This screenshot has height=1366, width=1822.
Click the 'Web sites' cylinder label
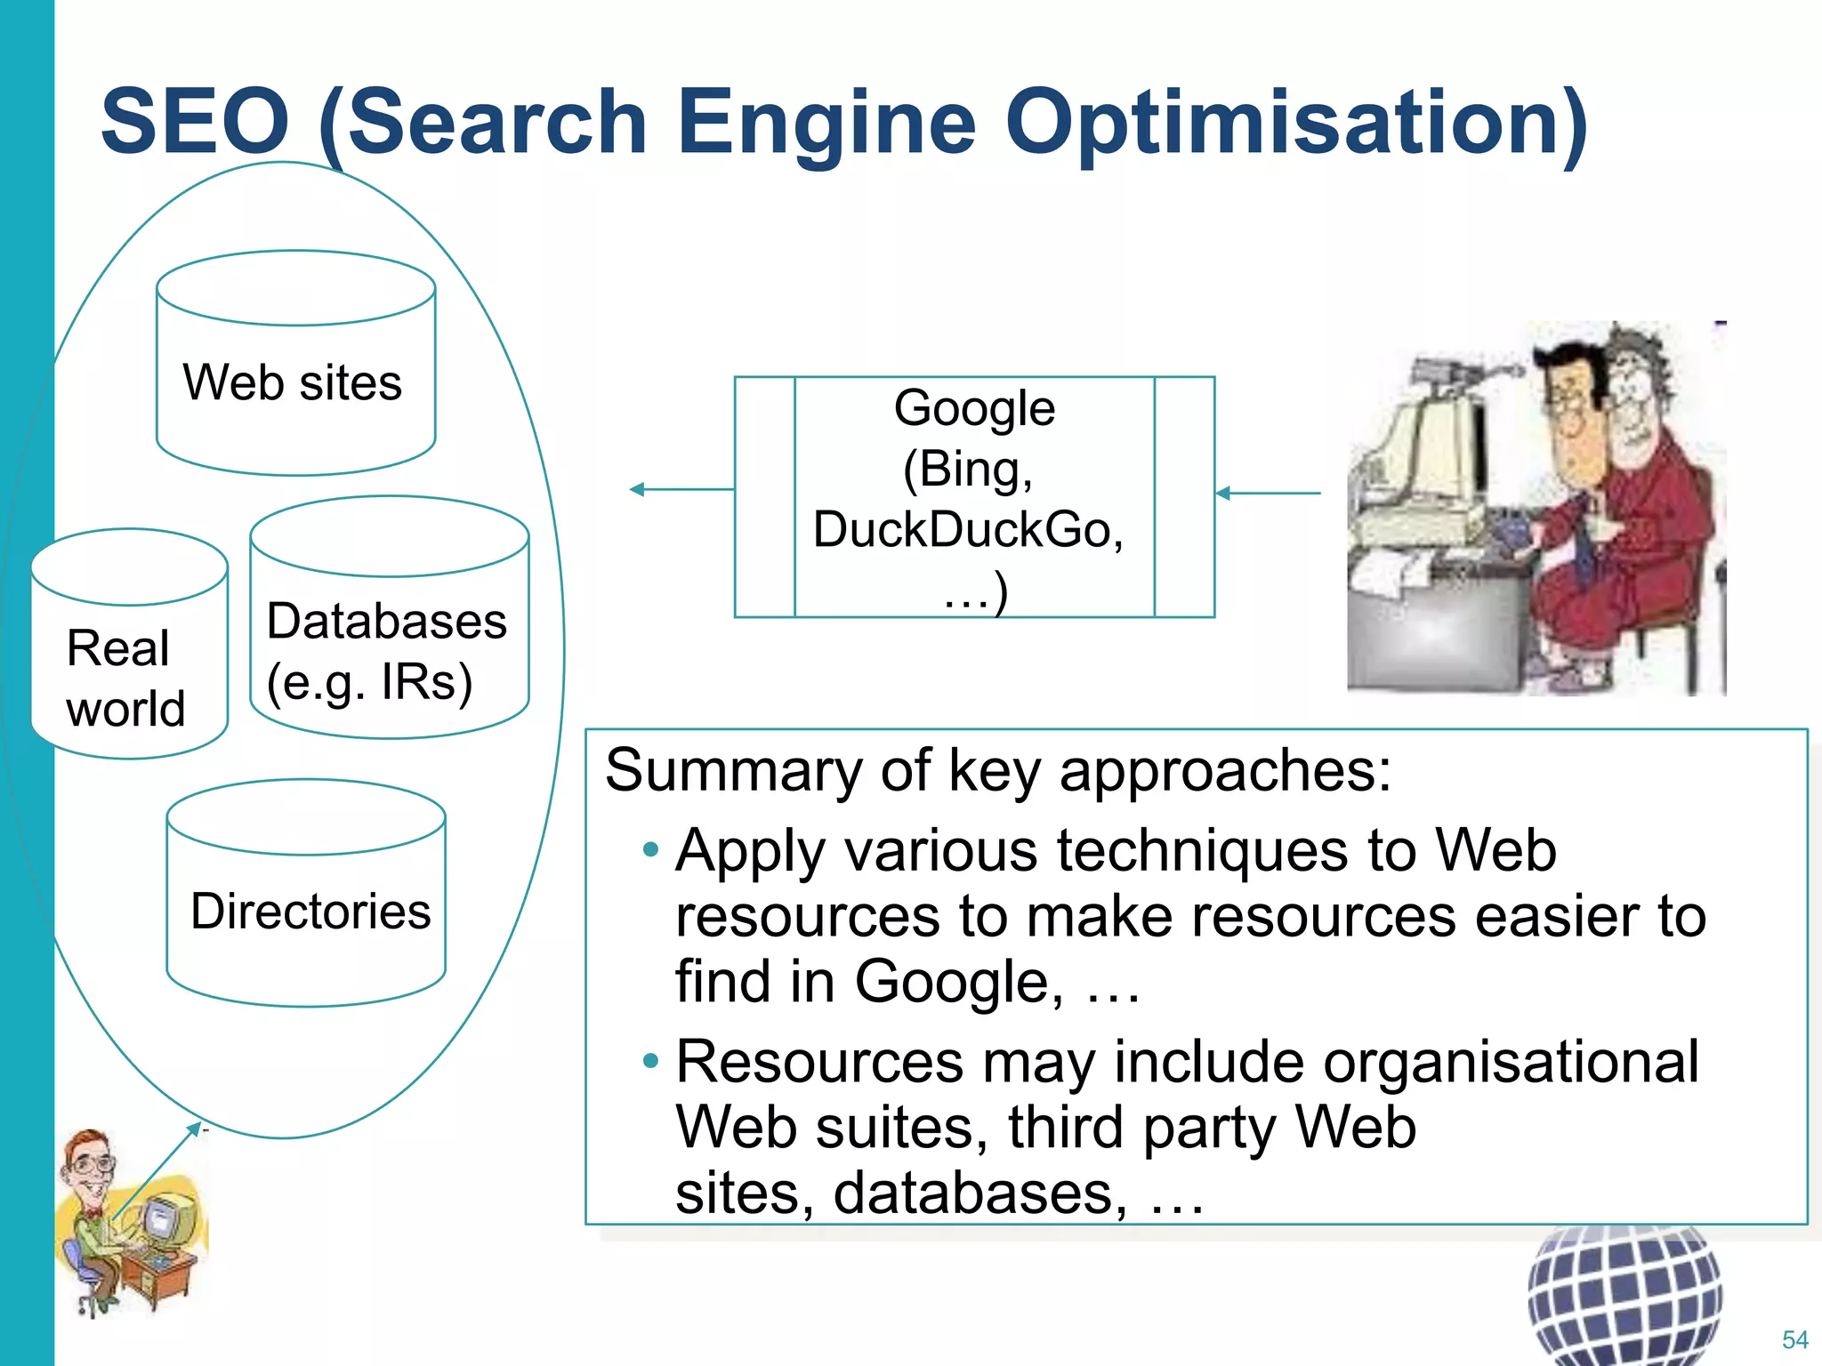[x=293, y=382]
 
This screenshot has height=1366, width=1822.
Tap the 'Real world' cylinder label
[x=125, y=678]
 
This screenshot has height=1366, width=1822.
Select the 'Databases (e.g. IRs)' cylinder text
[x=386, y=651]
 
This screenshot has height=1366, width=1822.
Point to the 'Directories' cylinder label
[x=310, y=911]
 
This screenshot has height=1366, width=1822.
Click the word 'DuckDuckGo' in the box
[x=968, y=529]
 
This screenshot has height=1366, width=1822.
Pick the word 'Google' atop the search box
[x=974, y=408]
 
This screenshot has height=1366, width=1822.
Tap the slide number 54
[x=1794, y=1339]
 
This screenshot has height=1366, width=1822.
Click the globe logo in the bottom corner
[x=1624, y=1294]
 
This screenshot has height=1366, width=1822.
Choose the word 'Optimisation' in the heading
[x=1297, y=123]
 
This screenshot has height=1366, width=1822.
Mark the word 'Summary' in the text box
[x=733, y=770]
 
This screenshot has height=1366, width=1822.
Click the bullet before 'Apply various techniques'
[x=651, y=850]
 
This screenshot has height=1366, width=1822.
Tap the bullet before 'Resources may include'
[x=651, y=1060]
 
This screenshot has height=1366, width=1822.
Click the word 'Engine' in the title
[x=826, y=123]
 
